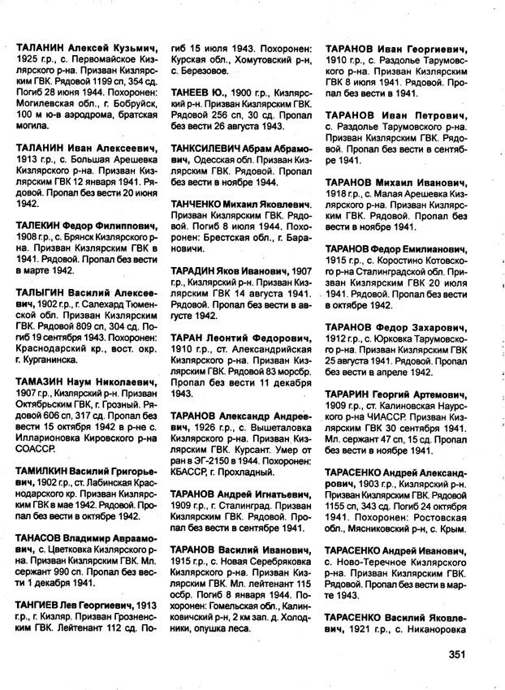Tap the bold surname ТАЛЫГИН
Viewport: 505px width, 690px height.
tap(41, 291)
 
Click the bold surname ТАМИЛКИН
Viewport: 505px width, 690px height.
tap(44, 471)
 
